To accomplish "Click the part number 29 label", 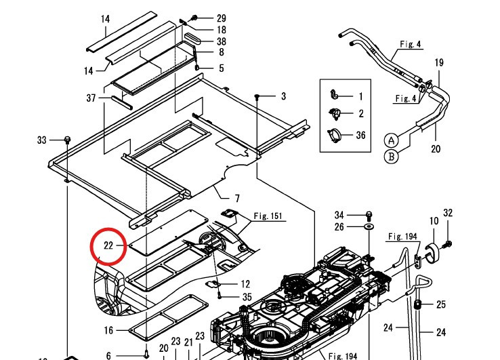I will coord(221,18).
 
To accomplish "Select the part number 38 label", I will coord(221,41).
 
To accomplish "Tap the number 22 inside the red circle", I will coord(108,245).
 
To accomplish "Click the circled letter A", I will coord(391,140).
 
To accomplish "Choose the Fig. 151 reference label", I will coord(269,217).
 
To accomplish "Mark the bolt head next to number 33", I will coord(67,140).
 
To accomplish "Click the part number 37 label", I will coord(91,98).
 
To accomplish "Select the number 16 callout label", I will coord(108,330).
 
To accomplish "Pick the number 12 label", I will coord(245,283).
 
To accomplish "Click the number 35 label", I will coord(247,297).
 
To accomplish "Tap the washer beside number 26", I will coord(369,226).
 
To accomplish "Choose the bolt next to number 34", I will coord(369,214).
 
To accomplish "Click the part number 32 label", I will coord(447,214).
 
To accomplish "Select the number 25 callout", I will coord(440,304).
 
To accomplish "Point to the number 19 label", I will coord(439,63).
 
